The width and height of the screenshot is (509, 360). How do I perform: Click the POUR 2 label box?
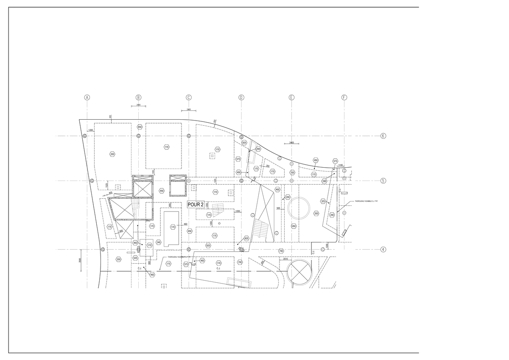point(196,205)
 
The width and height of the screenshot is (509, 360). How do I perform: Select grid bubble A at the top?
point(87,97)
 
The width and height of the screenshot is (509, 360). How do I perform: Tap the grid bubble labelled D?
point(241,97)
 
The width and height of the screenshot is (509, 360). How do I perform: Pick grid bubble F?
point(344,97)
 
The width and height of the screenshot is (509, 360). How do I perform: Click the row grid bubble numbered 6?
point(383,136)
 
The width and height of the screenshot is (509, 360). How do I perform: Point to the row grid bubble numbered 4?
point(383,250)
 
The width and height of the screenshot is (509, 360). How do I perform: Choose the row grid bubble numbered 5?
point(383,180)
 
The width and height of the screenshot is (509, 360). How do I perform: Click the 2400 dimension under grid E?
point(291,143)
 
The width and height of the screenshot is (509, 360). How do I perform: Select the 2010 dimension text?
point(285,259)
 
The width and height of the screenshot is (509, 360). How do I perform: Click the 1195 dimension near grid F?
point(340,165)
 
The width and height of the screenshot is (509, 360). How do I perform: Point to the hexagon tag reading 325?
point(323,202)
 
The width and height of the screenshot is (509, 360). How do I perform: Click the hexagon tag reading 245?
point(158,242)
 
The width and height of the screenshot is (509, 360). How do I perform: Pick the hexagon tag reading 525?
point(135,258)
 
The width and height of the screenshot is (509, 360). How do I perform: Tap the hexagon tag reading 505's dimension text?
point(278,208)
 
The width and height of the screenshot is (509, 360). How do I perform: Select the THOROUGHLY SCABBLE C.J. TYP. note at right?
point(366,202)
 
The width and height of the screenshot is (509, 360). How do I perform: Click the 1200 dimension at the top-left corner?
point(90,130)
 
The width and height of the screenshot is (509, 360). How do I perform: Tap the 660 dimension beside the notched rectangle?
point(185,224)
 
